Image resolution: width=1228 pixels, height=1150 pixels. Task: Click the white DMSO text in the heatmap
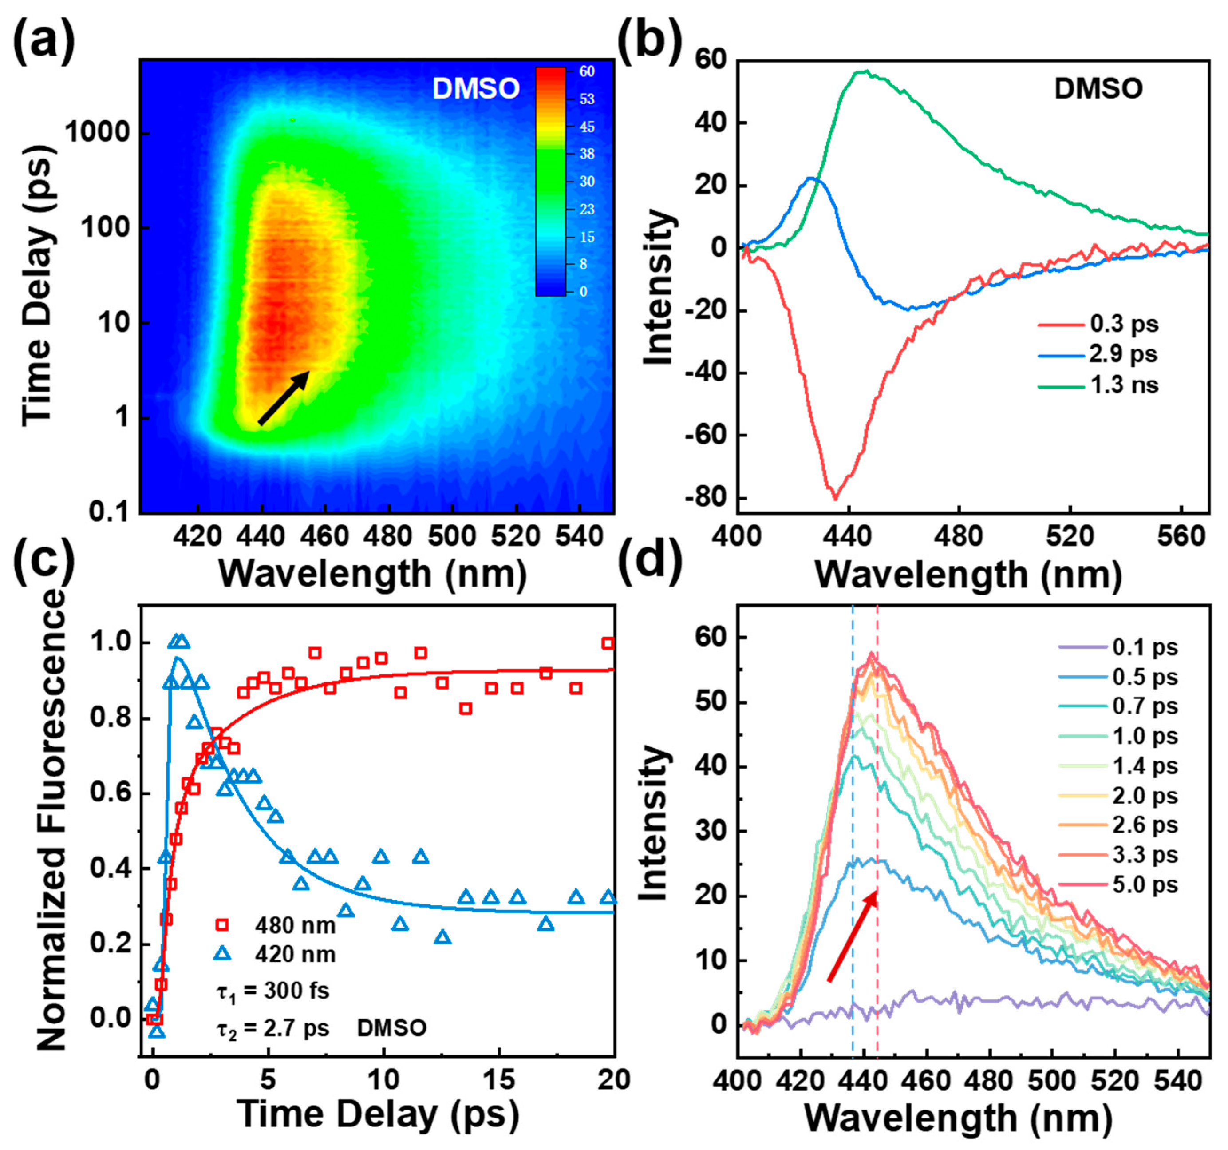coord(476,88)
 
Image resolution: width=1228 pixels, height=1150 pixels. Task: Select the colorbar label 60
coord(586,71)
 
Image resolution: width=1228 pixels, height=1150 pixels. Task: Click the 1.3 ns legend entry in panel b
coord(1124,385)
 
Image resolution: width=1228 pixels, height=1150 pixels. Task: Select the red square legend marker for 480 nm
coord(221,925)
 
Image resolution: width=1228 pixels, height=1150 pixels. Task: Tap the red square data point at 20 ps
coord(608,643)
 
